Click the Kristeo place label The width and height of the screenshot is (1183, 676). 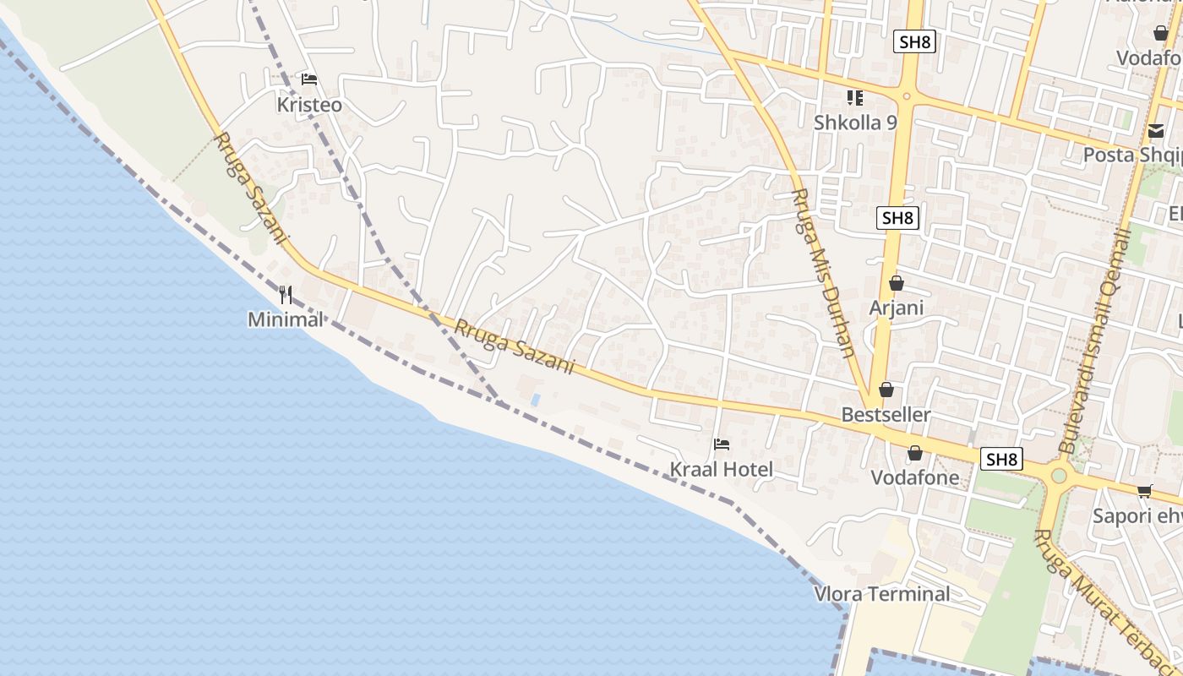[309, 105]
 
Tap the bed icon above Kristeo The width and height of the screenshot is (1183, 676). [309, 79]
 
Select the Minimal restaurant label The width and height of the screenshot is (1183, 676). [286, 319]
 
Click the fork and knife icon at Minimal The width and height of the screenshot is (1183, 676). [286, 295]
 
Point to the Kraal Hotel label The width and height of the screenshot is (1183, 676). [721, 469]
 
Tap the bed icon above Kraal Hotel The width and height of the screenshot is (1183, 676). [721, 444]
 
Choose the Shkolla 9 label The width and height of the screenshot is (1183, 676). [854, 123]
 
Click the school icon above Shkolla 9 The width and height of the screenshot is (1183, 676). [854, 98]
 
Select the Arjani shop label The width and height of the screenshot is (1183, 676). [896, 308]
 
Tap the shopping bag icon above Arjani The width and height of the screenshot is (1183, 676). [896, 283]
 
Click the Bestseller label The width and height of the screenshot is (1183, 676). [886, 415]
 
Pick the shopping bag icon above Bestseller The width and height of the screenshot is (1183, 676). [886, 390]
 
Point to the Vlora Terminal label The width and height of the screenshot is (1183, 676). [882, 594]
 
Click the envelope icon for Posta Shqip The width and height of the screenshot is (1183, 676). [1155, 132]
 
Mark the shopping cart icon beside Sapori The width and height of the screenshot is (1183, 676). [1144, 491]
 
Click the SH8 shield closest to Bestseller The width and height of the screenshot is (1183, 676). [1001, 460]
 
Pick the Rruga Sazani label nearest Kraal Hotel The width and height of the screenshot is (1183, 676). [514, 346]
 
